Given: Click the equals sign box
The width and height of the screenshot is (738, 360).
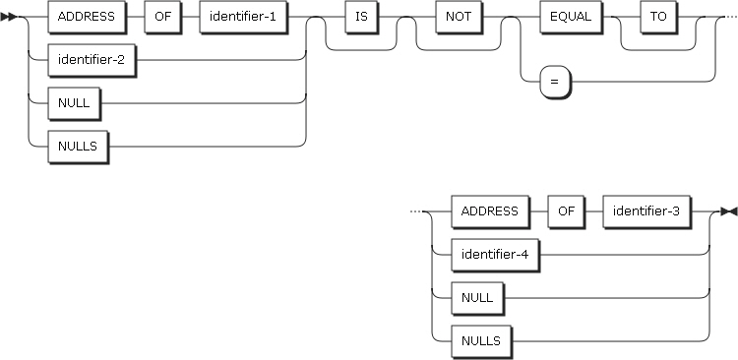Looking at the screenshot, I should click(555, 82).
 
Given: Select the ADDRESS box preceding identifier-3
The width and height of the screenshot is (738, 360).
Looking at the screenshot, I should click(489, 211).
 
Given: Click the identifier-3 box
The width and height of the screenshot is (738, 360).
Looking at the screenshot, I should click(646, 211).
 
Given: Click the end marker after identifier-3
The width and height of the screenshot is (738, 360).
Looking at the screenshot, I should click(728, 211).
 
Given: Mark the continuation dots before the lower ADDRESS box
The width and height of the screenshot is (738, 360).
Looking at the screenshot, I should click(415, 211).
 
